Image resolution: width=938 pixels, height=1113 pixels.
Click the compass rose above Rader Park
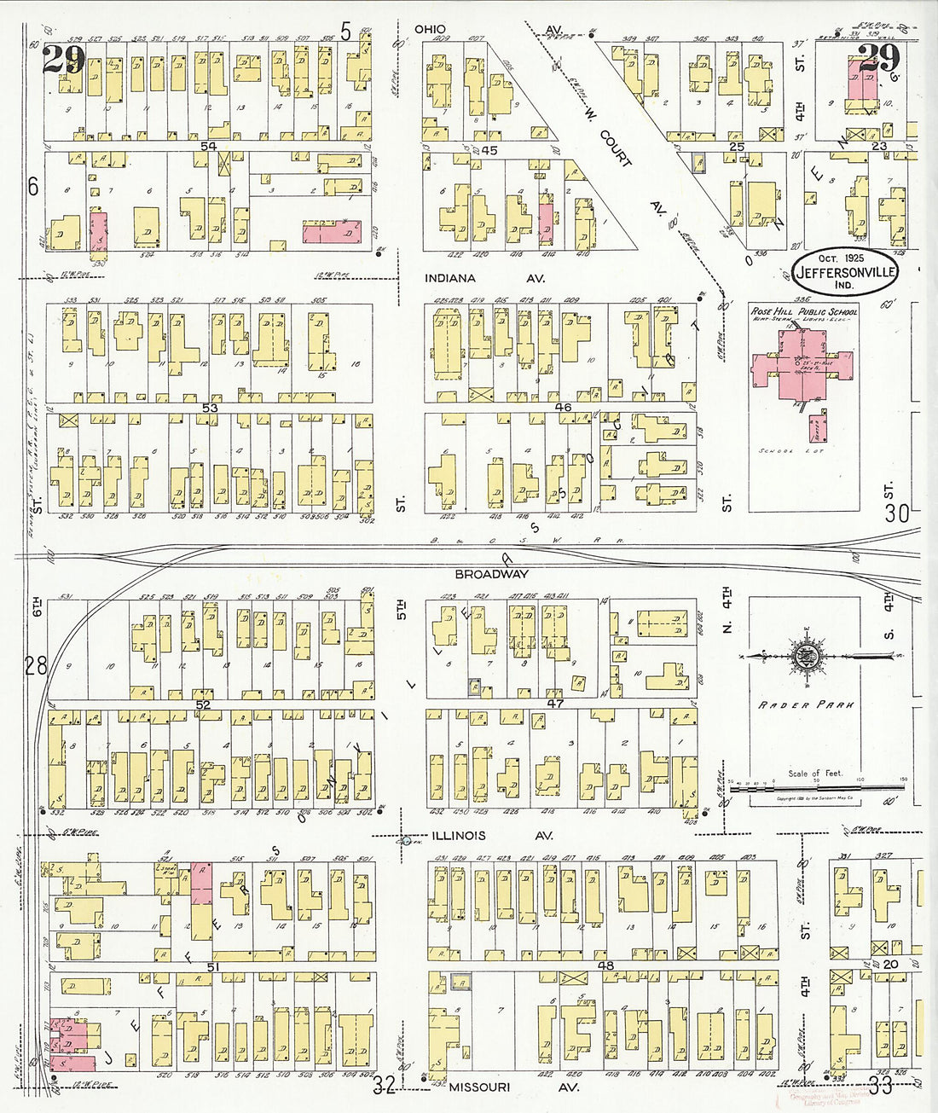(803, 656)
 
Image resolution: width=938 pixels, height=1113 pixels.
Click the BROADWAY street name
(491, 575)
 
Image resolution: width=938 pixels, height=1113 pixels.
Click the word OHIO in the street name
(430, 29)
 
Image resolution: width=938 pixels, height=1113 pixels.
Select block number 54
(208, 148)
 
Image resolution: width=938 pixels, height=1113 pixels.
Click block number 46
(562, 408)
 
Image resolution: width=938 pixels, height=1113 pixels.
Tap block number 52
(202, 704)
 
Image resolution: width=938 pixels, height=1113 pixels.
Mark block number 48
(606, 965)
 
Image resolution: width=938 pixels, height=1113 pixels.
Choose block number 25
(736, 148)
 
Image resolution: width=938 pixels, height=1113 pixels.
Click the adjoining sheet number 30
(896, 513)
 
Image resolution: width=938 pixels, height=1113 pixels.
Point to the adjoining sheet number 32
(384, 1085)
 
